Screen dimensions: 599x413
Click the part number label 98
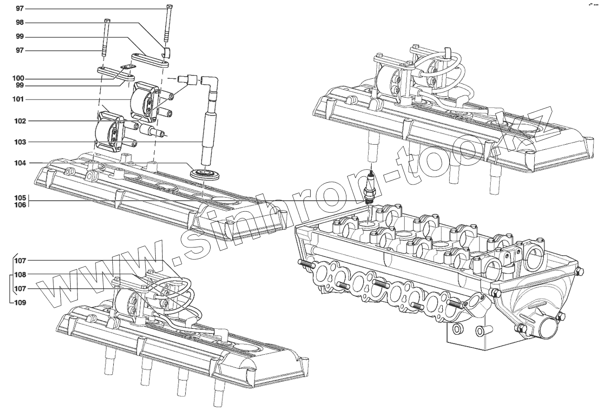(x=19, y=22)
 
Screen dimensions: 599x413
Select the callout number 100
(x=19, y=78)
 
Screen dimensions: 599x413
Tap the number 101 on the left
(x=19, y=99)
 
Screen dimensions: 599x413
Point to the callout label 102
(x=19, y=121)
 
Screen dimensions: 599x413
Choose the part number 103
(x=19, y=142)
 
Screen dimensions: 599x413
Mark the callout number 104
(x=19, y=163)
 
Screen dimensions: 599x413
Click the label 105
(x=19, y=198)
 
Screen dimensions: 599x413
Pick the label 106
(x=19, y=204)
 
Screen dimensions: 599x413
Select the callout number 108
(x=19, y=275)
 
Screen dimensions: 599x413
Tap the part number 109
(x=19, y=302)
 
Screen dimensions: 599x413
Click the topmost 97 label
(x=19, y=9)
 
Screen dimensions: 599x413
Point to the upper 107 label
(x=19, y=261)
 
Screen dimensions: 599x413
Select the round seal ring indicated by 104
(x=203, y=173)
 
